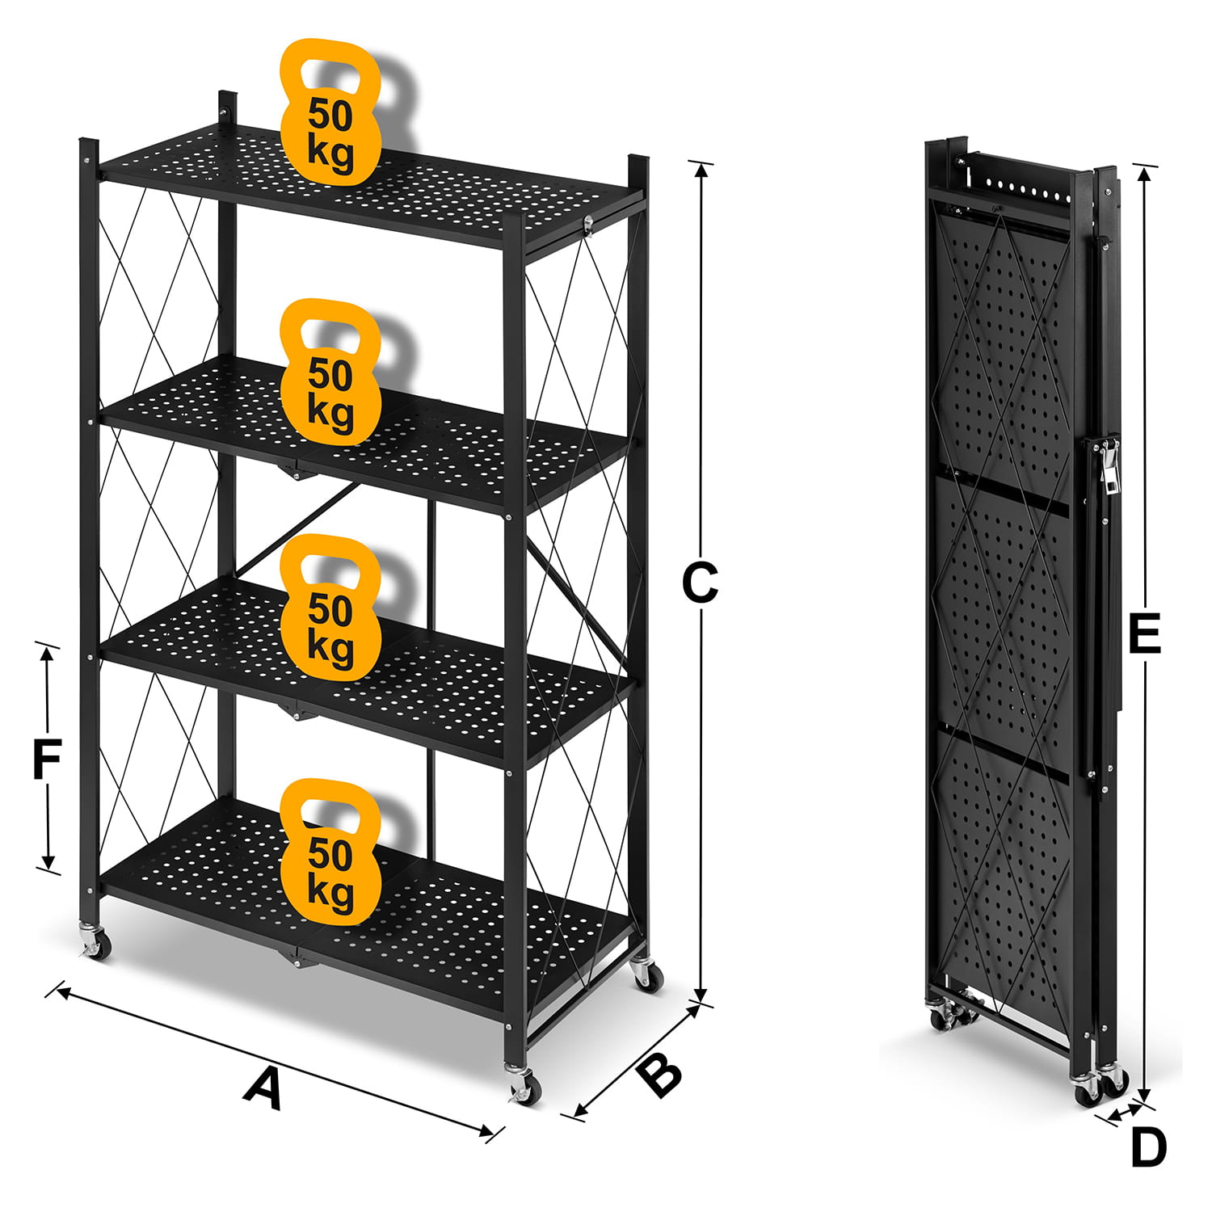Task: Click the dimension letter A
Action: point(264,1088)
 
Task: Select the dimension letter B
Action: point(661,1075)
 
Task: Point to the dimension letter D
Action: point(1148,1147)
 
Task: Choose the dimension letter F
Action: point(47,760)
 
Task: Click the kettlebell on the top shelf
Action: point(330,113)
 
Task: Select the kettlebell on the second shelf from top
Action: point(330,373)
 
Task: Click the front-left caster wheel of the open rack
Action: point(95,943)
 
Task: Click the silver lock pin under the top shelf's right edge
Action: point(587,225)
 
